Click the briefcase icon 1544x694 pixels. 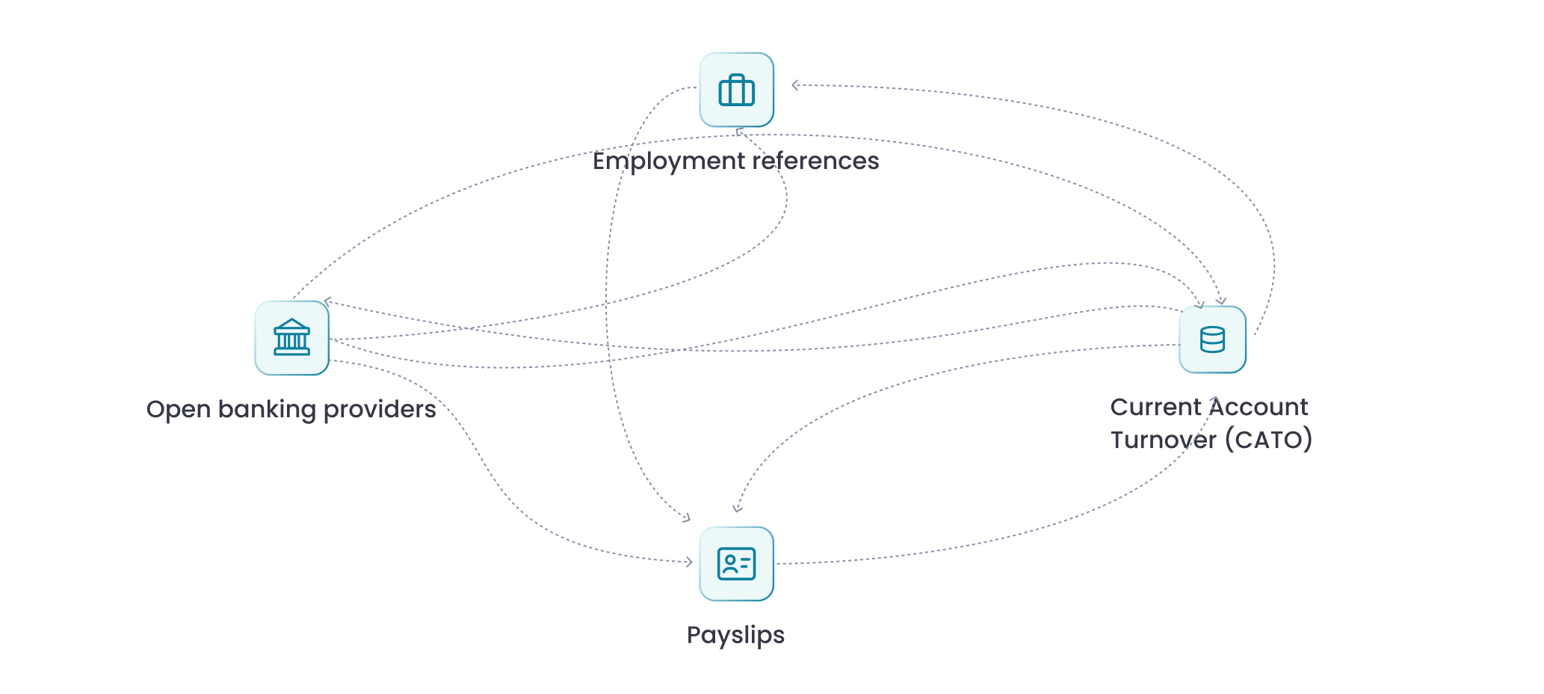(x=736, y=90)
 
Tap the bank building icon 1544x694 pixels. (x=291, y=337)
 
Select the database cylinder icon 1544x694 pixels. (x=1212, y=340)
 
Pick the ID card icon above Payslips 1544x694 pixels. (x=736, y=564)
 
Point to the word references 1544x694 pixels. (x=815, y=161)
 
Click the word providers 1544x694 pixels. (x=380, y=410)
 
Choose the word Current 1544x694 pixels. (x=1155, y=407)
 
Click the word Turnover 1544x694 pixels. (x=1163, y=440)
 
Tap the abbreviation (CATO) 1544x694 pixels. (x=1268, y=440)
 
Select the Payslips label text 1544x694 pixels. (x=735, y=635)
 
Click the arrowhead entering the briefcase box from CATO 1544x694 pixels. (x=795, y=85)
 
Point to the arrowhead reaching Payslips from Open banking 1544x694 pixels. (x=689, y=562)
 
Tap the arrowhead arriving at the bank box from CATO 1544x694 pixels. (x=327, y=302)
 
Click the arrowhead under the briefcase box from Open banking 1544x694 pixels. (x=738, y=132)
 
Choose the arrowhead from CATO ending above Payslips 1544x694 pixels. (x=737, y=509)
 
